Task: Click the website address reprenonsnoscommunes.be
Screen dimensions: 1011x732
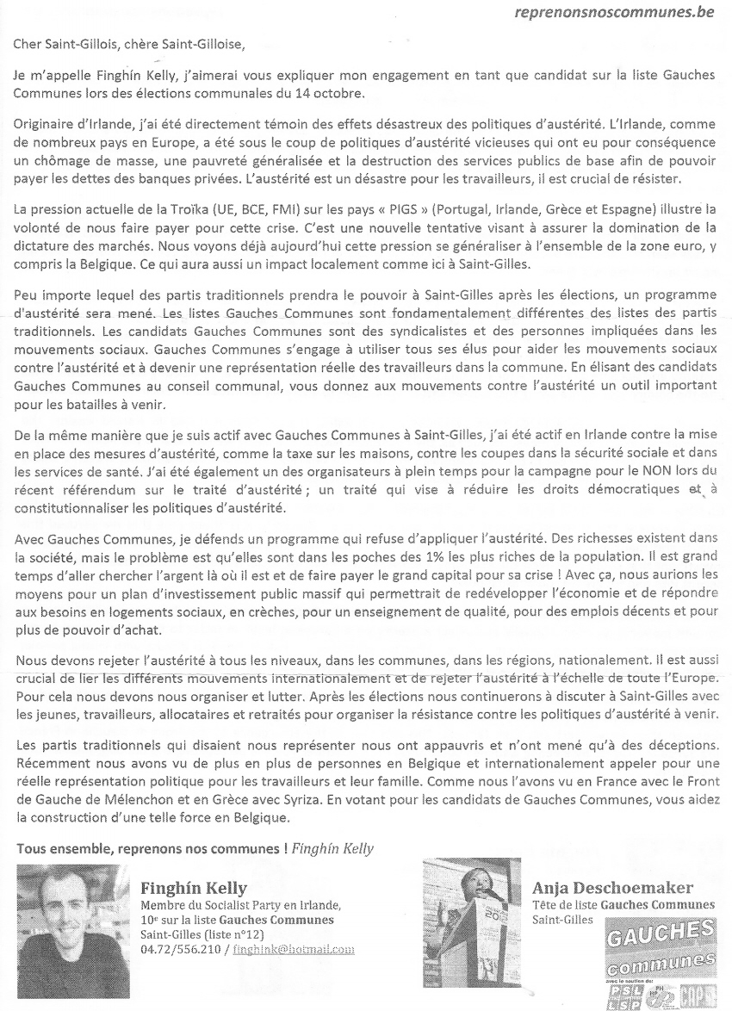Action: coord(613,13)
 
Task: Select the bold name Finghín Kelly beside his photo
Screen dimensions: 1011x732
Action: coord(194,888)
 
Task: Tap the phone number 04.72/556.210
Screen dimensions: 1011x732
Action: coord(178,949)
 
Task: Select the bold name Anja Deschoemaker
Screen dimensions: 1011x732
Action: coord(612,888)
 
